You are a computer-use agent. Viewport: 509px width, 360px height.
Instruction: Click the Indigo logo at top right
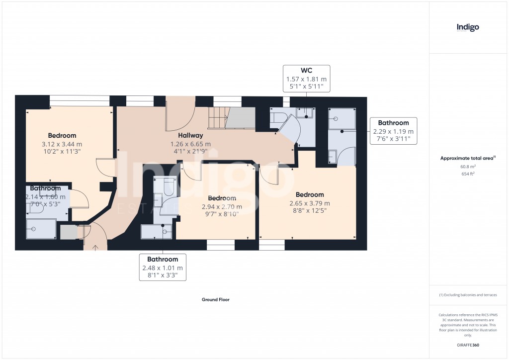click(x=468, y=27)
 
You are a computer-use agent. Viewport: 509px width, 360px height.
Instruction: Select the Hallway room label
click(x=191, y=135)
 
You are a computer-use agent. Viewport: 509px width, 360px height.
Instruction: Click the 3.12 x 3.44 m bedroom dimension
click(x=62, y=144)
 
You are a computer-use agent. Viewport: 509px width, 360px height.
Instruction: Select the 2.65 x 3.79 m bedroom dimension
click(x=309, y=203)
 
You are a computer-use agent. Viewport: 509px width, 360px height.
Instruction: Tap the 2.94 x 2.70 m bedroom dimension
click(x=222, y=207)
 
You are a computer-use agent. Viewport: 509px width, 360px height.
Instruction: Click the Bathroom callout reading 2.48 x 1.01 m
click(x=163, y=267)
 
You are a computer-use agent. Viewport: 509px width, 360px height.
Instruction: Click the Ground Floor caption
click(x=215, y=300)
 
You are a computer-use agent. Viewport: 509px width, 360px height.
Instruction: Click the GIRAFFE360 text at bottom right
click(x=468, y=345)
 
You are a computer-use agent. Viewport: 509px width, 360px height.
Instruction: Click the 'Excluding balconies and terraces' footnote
click(x=468, y=295)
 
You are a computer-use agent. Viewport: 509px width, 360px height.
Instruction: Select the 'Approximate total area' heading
click(x=467, y=158)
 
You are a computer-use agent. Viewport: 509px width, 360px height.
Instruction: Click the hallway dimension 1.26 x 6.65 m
click(x=191, y=144)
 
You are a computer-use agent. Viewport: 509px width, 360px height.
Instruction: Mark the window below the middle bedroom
click(x=220, y=245)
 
